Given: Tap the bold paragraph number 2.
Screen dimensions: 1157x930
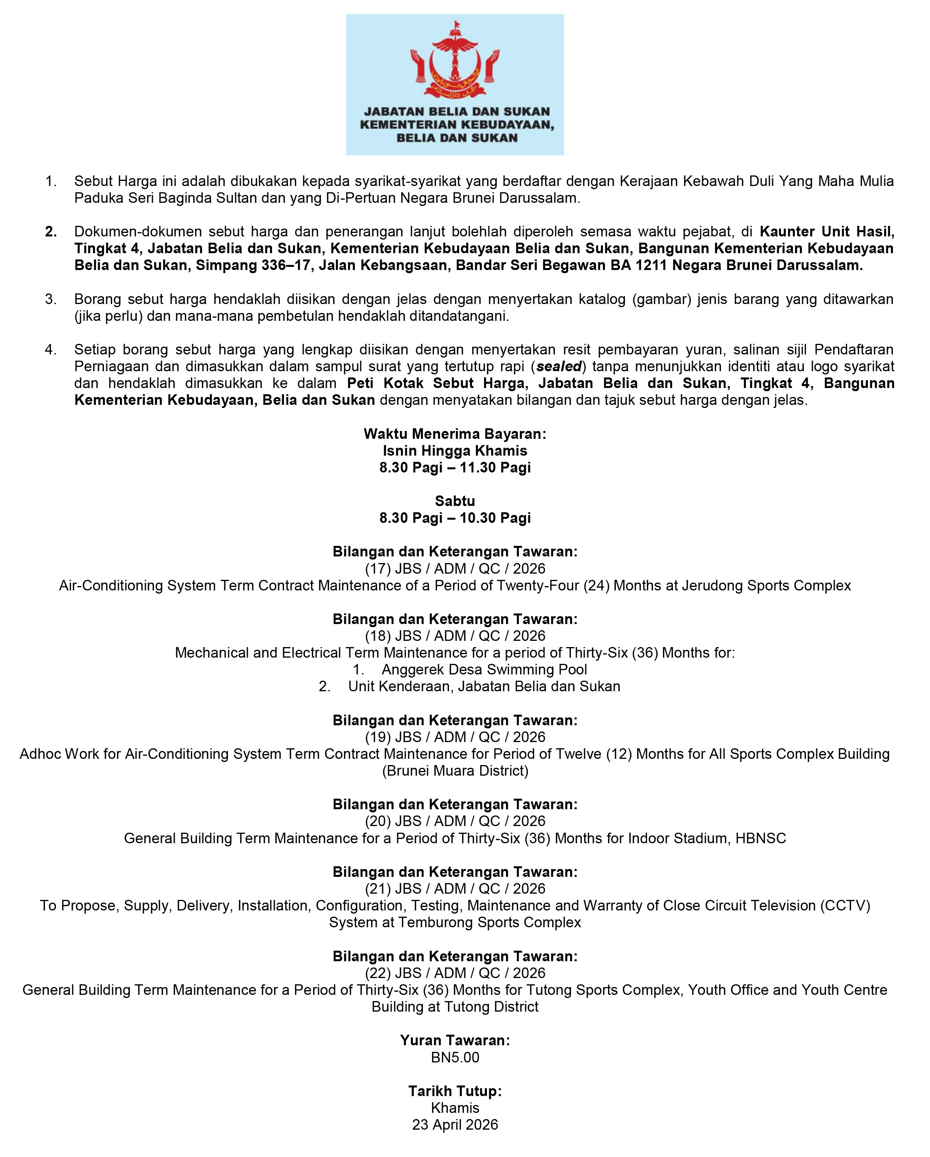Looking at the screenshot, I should (51, 232).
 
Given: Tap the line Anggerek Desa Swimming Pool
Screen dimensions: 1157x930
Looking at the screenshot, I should (484, 670).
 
